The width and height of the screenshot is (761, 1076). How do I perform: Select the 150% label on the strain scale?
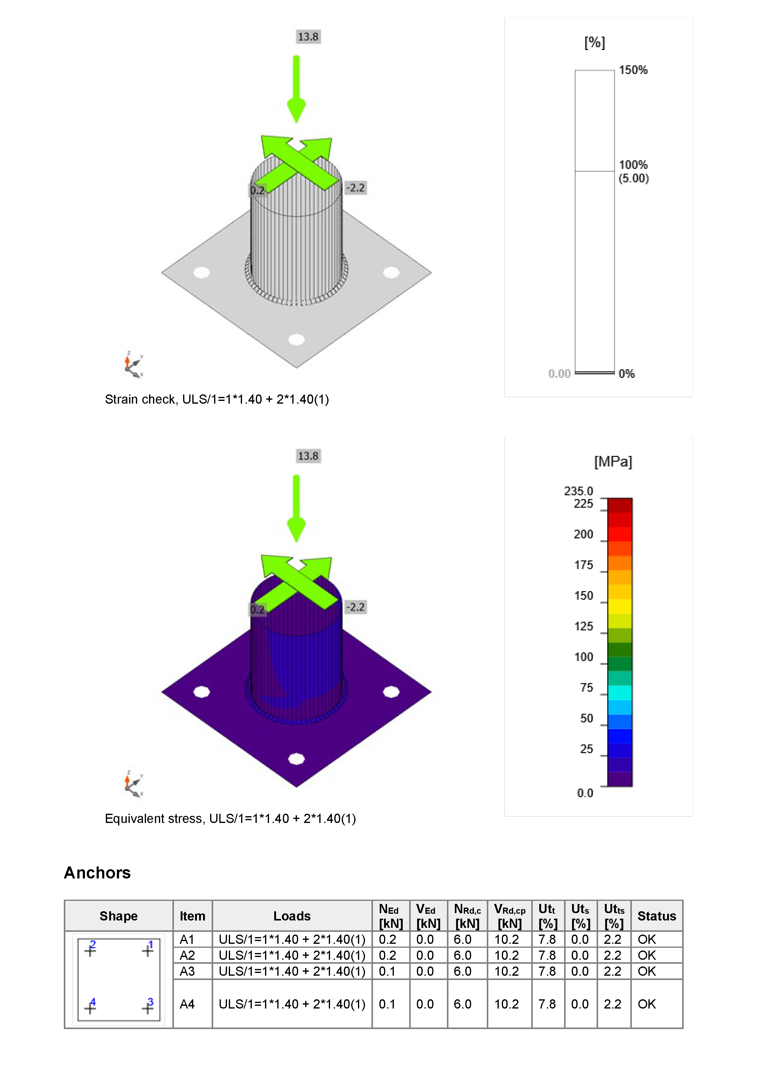pyautogui.click(x=633, y=70)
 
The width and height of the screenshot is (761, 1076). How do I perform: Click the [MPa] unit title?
pyautogui.click(x=613, y=462)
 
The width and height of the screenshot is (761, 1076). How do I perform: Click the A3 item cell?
pyautogui.click(x=187, y=971)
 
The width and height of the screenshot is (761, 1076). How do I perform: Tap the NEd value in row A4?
pyautogui.click(x=387, y=1004)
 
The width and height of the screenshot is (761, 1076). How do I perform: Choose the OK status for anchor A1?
pyautogui.click(x=647, y=939)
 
